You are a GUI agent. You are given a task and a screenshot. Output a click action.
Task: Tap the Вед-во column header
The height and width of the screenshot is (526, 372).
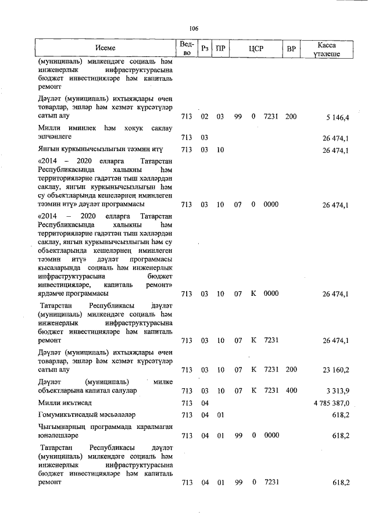(x=186, y=48)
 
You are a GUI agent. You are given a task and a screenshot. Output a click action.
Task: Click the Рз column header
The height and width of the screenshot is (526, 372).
(x=205, y=48)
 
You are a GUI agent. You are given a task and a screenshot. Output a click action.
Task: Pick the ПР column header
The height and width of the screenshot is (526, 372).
(x=220, y=48)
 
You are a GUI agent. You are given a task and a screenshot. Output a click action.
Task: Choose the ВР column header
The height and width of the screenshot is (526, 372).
(x=291, y=48)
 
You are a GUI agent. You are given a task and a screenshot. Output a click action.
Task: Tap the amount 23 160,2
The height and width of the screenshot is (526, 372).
(x=335, y=369)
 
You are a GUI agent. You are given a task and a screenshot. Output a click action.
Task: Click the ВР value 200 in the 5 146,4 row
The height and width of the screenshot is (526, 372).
(x=291, y=117)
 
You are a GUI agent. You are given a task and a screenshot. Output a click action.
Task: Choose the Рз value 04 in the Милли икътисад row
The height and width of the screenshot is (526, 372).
(x=205, y=403)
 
